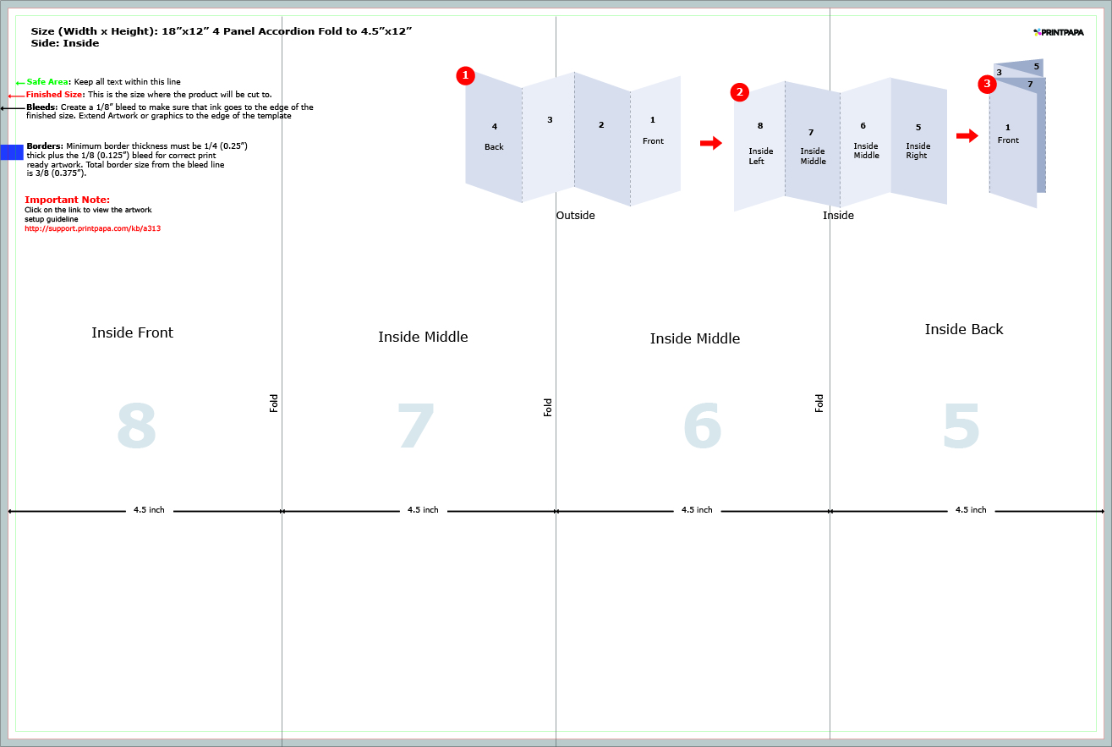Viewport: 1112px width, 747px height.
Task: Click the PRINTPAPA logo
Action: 1059,32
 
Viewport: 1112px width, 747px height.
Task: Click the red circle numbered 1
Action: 465,75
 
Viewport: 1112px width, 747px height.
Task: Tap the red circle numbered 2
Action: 739,92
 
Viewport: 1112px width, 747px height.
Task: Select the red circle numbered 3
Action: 987,84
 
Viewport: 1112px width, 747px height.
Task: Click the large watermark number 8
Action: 136,426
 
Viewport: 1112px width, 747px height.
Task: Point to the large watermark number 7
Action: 416,426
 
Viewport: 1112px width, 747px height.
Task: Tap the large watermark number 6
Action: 702,426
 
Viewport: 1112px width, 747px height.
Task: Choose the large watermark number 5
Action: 961,426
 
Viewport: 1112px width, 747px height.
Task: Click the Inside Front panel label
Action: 132,332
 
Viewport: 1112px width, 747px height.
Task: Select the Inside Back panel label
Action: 963,329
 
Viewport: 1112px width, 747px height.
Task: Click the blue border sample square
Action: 12,152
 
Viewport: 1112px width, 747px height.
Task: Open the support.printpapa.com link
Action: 92,228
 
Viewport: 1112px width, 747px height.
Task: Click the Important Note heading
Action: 67,200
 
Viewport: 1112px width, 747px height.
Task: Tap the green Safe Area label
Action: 47,82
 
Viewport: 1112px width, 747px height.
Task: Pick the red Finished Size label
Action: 55,95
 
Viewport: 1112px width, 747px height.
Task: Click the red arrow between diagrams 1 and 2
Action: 711,143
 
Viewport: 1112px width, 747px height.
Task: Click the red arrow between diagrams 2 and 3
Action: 967,135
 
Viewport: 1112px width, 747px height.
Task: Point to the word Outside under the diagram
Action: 575,215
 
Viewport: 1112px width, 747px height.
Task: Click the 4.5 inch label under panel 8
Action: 149,510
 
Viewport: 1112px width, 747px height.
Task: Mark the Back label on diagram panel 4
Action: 494,147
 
